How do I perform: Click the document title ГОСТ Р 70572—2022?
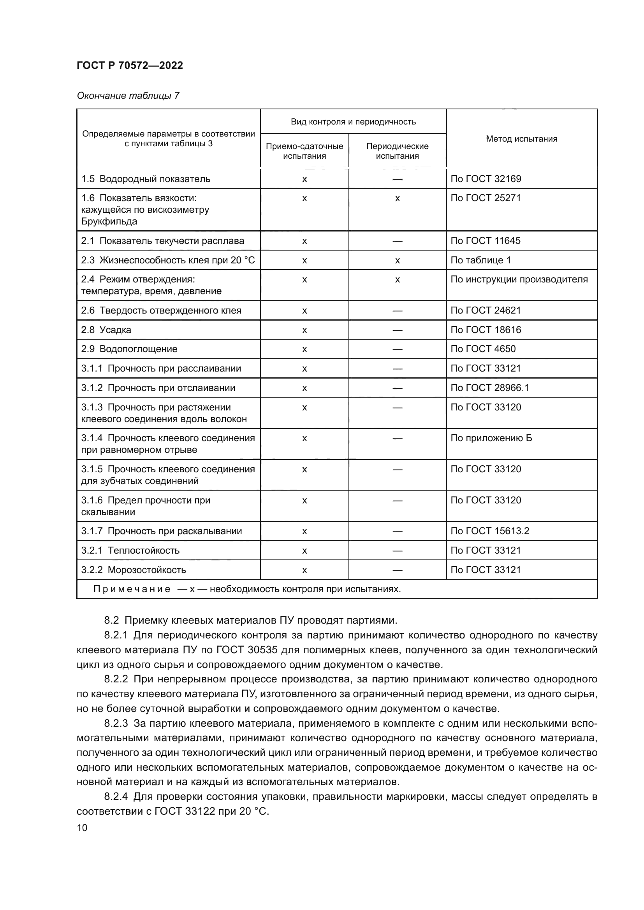click(130, 65)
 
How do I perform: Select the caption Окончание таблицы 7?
click(128, 96)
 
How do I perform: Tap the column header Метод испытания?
click(521, 139)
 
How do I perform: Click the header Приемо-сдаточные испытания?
click(304, 151)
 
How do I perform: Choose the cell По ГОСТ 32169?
click(486, 179)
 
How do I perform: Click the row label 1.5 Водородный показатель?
click(146, 179)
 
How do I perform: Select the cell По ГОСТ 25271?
click(486, 198)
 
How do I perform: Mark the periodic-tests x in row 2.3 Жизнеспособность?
click(398, 260)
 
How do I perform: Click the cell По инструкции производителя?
click(519, 279)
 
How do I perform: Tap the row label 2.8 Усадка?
click(106, 330)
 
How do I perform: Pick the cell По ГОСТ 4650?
click(483, 349)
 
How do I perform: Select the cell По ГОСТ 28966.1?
click(490, 387)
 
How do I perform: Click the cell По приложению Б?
click(491, 438)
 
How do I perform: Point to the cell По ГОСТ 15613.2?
click(490, 531)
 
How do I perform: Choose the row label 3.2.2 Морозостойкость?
click(134, 570)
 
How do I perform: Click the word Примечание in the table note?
click(132, 589)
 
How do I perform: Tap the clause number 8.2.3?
click(116, 723)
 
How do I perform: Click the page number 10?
click(82, 828)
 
